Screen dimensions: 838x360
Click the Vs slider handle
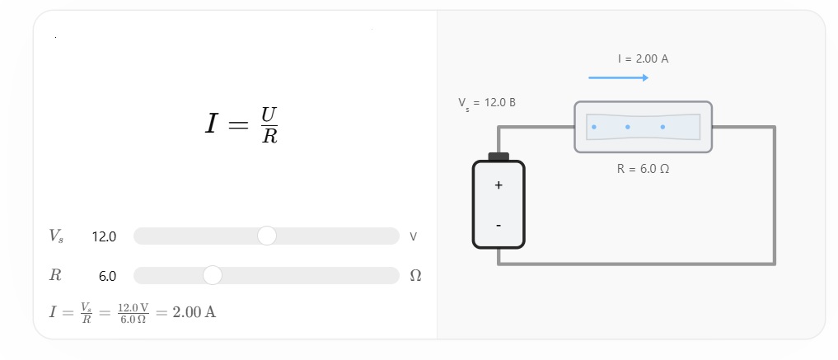tap(267, 236)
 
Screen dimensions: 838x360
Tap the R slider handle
tap(213, 275)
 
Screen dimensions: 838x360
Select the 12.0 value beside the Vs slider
tap(104, 236)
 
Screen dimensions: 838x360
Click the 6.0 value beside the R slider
tap(107, 276)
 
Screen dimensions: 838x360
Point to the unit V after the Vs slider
tap(413, 236)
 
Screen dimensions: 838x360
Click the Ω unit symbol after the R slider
tap(415, 276)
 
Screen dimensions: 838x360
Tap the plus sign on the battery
tap(499, 185)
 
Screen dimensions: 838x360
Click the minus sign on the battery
tap(499, 226)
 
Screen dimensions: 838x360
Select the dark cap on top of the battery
tap(499, 157)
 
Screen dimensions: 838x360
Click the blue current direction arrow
tap(618, 78)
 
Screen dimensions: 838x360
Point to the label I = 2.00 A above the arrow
tap(643, 58)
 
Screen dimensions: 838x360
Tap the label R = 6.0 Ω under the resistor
tap(643, 169)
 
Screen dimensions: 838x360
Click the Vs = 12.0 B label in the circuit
tap(487, 103)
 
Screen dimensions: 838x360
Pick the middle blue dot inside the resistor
tap(627, 127)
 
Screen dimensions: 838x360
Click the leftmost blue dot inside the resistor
tap(594, 127)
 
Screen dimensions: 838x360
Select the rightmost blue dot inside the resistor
tap(662, 127)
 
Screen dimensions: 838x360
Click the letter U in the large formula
tap(269, 115)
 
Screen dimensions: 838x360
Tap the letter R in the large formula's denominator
tap(270, 136)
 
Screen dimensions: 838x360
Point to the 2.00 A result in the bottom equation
tap(194, 312)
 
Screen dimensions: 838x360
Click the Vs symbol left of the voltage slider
tap(56, 236)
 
